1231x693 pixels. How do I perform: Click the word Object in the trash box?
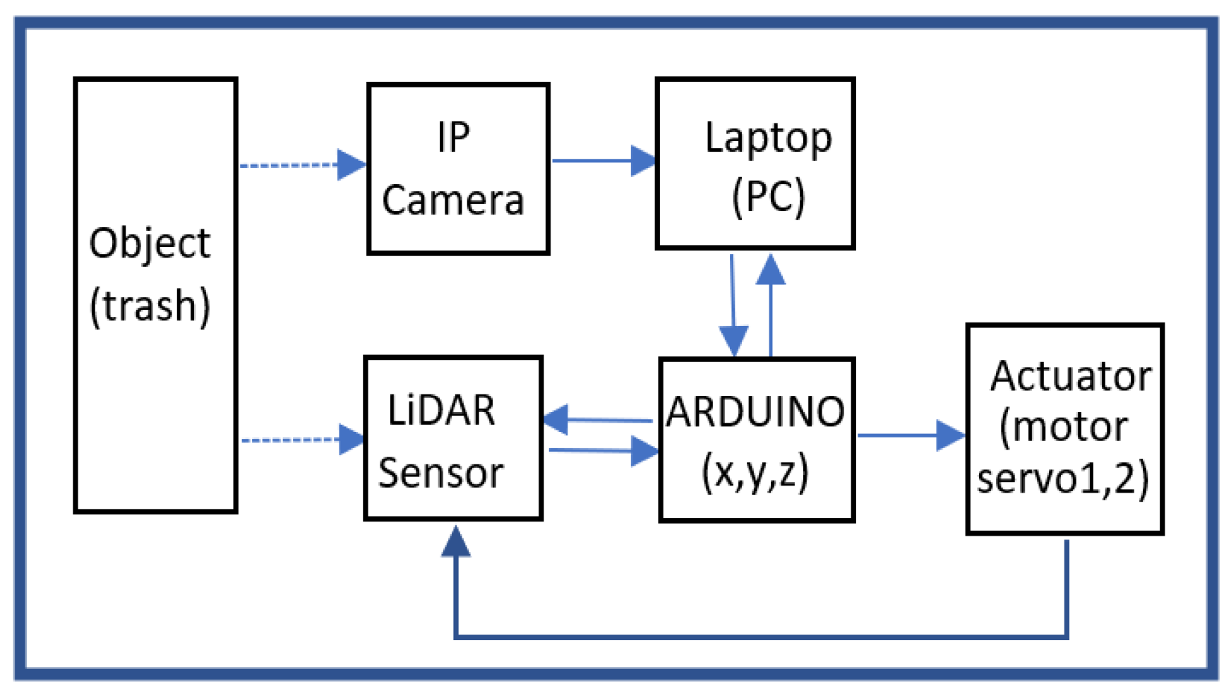pyautogui.click(x=150, y=244)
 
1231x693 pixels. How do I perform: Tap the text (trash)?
pyautogui.click(x=150, y=306)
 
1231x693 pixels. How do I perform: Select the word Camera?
pyautogui.click(x=452, y=200)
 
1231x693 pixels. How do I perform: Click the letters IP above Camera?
pyautogui.click(x=453, y=138)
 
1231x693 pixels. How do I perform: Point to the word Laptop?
pyautogui.click(x=768, y=139)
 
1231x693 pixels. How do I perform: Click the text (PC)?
pyautogui.click(x=768, y=197)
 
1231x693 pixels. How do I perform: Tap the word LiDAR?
pyautogui.click(x=442, y=411)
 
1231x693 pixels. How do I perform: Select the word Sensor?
pyautogui.click(x=441, y=473)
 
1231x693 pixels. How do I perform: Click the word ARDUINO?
pyautogui.click(x=755, y=412)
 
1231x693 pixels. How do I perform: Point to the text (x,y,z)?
pyautogui.click(x=755, y=473)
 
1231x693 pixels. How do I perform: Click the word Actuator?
pyautogui.click(x=1070, y=376)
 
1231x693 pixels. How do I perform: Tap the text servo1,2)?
pyautogui.click(x=1062, y=478)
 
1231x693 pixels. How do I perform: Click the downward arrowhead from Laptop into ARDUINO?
pyautogui.click(x=734, y=340)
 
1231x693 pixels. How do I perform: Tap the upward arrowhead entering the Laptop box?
pyautogui.click(x=771, y=271)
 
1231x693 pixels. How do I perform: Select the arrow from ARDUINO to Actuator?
pyautogui.click(x=911, y=435)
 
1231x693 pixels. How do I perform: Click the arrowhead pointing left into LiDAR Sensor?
pyautogui.click(x=556, y=420)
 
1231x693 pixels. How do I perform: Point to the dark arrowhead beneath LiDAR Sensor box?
pyautogui.click(x=456, y=542)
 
